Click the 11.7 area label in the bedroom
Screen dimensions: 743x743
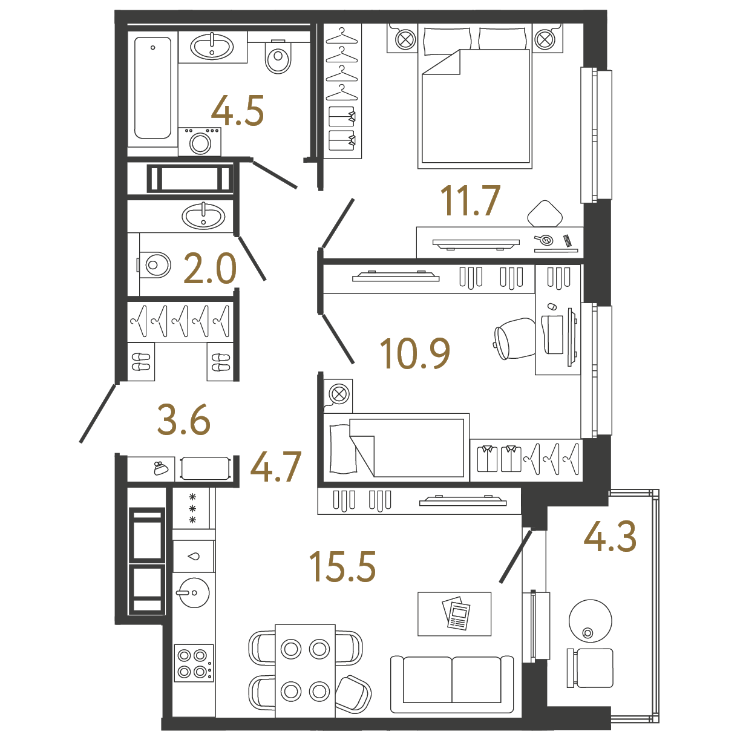pos(470,200)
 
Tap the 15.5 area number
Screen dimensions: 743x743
pos(342,566)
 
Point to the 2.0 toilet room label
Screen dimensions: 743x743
pos(210,269)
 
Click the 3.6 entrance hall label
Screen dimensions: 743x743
pos(183,419)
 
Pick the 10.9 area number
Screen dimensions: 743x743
pos(415,353)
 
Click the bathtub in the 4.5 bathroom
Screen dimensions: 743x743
pos(152,88)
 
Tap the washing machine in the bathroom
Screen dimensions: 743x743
pos(200,142)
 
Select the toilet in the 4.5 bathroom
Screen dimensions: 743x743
pos(278,57)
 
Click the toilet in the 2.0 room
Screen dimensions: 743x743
pos(154,264)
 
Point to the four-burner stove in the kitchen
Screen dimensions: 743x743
pos(194,663)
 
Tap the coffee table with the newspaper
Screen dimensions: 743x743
pos(454,614)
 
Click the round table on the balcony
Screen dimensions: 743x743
pos(591,621)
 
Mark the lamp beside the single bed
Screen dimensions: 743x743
pos(338,394)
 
